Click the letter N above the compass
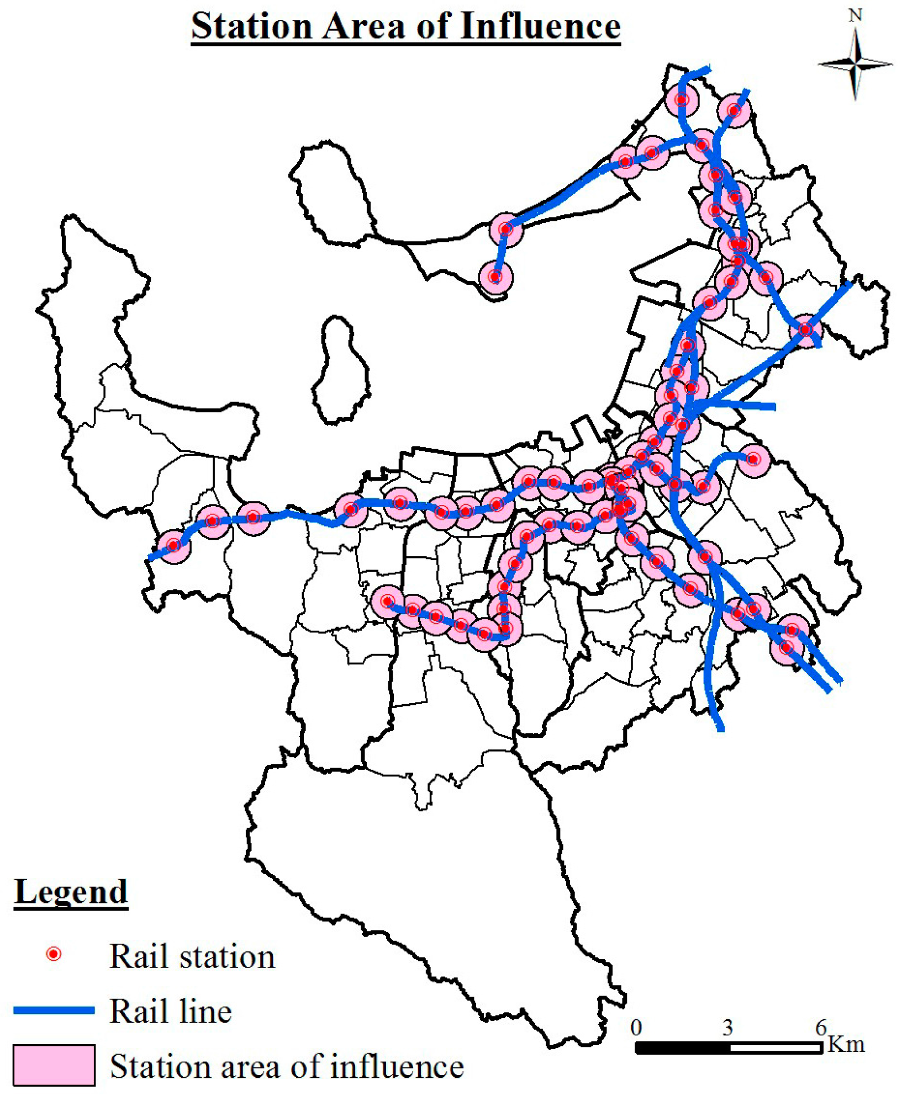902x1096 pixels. (855, 15)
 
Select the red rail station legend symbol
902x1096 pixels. (54, 954)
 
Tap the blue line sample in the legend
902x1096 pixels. (54, 1010)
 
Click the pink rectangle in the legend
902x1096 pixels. (54, 1065)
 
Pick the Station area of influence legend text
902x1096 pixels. (286, 1066)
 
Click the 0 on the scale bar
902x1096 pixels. (636, 1028)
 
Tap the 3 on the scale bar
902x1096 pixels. (727, 1028)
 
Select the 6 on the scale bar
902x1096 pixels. (821, 1028)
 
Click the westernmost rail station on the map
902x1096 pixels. (173, 545)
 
